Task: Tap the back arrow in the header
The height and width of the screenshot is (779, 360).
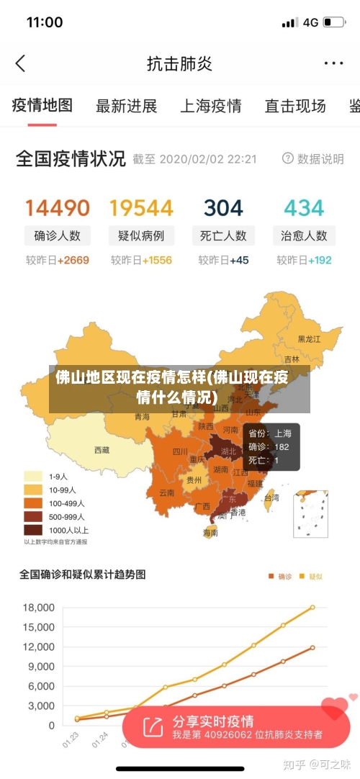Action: tap(20, 63)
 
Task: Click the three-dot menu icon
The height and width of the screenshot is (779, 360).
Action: tap(333, 63)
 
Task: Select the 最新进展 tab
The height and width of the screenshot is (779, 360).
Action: tap(126, 107)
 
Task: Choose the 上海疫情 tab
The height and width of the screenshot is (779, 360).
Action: tap(210, 107)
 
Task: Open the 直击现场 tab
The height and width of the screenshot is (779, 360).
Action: tap(294, 107)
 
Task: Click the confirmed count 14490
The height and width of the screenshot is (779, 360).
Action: tap(58, 208)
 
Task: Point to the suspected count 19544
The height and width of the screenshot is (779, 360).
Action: tap(141, 208)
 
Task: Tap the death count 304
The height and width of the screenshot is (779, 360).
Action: tap(223, 208)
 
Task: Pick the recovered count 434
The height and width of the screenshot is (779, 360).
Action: tap(304, 208)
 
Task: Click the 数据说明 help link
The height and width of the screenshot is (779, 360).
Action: tap(313, 158)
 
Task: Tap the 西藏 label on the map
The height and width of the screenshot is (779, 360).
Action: tap(102, 450)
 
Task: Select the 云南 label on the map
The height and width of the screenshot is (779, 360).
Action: tap(166, 493)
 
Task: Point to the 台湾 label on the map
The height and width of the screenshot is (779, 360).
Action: tap(271, 497)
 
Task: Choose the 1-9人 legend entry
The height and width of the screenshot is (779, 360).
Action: tap(49, 476)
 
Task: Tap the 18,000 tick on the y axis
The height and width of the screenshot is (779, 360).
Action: tap(39, 607)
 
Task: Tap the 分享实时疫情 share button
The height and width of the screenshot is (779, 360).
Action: tap(212, 721)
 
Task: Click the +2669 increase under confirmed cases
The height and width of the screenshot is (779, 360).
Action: tap(73, 260)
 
